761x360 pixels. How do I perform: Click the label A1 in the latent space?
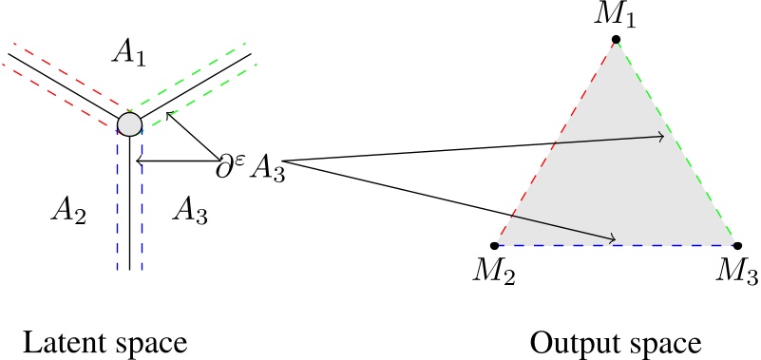click(128, 54)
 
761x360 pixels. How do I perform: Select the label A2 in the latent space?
click(68, 214)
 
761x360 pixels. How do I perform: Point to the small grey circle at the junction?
click(129, 123)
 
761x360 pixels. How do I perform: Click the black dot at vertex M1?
click(617, 40)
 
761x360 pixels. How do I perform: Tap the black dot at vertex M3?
click(735, 246)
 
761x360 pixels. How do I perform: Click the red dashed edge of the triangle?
click(556, 142)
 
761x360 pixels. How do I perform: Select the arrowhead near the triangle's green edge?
click(660, 138)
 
